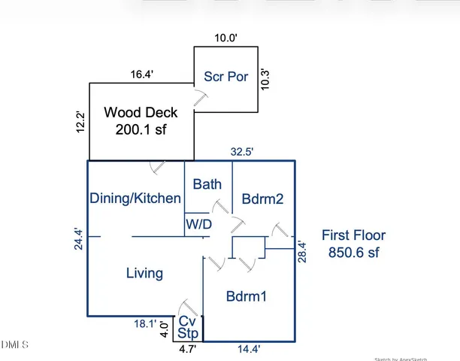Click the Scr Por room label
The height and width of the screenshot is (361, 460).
coord(226,77)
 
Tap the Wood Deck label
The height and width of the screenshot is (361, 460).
coord(141,113)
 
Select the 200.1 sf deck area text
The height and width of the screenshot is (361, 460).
coord(141,129)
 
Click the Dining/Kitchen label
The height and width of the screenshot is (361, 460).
coord(135,199)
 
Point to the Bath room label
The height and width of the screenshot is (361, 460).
coord(207,184)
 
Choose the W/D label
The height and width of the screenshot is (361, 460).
coord(198,224)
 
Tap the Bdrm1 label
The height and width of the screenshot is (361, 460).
coord(247,296)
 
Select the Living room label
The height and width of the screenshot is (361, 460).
coord(144,273)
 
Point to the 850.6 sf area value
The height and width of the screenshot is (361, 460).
coord(353,253)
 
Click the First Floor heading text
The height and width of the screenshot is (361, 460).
coord(353,235)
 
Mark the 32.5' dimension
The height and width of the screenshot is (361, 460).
coord(241,152)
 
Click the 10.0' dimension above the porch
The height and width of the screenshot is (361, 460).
coord(225,38)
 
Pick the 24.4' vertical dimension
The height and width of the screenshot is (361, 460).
coord(78,240)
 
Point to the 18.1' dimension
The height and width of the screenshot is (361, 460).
coord(144,324)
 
